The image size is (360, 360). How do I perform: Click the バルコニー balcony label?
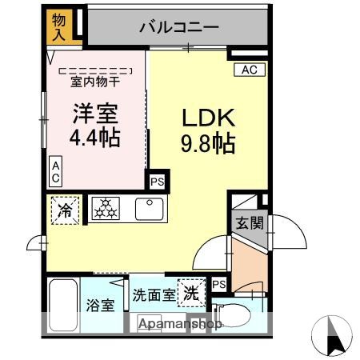coord(179,26)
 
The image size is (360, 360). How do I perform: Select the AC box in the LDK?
coord(250,70)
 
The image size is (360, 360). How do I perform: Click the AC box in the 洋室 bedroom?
coord(56,170)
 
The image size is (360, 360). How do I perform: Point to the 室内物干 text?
coord(95,81)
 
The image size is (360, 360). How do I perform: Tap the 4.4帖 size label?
coord(94,138)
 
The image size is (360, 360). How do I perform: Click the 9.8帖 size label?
coord(207,146)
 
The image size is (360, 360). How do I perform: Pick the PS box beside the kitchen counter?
coord(158,182)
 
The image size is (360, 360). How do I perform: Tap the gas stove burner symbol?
coord(106,210)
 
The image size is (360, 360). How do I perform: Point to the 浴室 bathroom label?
coord(101,306)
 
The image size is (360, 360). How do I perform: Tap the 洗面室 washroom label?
coord(154,294)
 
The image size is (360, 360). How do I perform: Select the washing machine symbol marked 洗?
coord(191,291)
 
